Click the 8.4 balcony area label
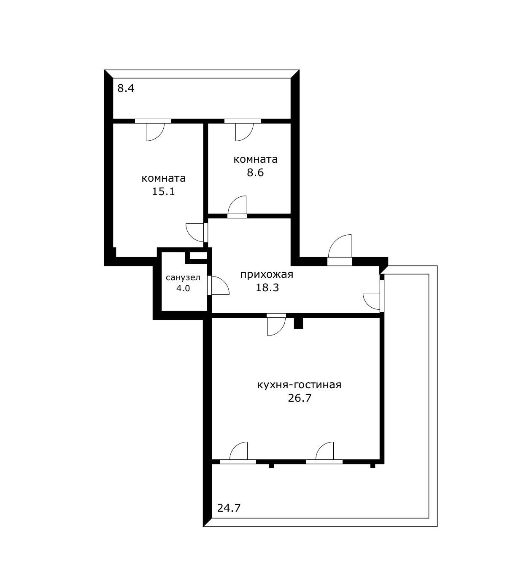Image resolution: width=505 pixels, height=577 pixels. pyautogui.click(x=125, y=89)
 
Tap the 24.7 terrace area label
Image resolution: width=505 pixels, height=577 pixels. pyautogui.click(x=229, y=508)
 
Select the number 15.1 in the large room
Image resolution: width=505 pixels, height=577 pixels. pyautogui.click(x=163, y=192)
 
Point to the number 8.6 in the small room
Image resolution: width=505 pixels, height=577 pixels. pyautogui.click(x=255, y=172)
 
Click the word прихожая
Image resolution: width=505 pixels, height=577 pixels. pyautogui.click(x=266, y=275)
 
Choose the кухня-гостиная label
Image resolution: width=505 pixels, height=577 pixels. pyautogui.click(x=299, y=385)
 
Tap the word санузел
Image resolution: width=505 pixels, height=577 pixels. pyautogui.click(x=183, y=278)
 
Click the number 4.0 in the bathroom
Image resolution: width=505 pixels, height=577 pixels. pyautogui.click(x=183, y=289)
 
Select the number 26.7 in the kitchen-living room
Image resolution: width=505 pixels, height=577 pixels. pyautogui.click(x=299, y=398)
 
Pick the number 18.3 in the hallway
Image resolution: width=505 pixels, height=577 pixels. pyautogui.click(x=267, y=288)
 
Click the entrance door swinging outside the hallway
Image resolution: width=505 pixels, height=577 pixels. pyautogui.click(x=340, y=249)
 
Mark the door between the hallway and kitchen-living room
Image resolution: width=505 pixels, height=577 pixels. pyautogui.click(x=276, y=325)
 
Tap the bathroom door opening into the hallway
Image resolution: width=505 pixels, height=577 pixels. pyautogui.click(x=218, y=285)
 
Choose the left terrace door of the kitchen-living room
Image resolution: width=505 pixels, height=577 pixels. pyautogui.click(x=238, y=452)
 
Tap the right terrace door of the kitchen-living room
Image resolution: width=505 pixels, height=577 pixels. pyautogui.click(x=324, y=452)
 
